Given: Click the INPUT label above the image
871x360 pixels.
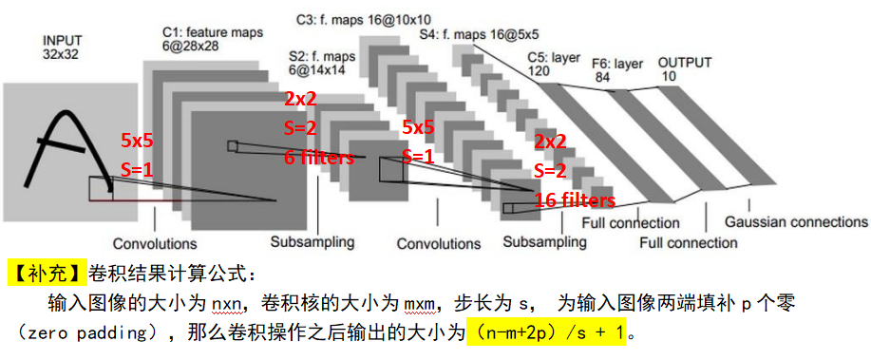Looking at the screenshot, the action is pos(61,42).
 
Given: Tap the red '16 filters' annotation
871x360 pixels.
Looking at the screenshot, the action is pos(574,200).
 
